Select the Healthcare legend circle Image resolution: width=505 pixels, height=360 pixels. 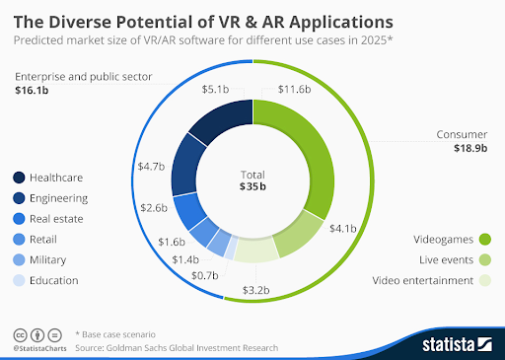point(20,178)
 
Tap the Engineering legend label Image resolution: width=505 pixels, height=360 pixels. point(65,198)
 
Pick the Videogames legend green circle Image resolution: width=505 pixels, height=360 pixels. point(485,239)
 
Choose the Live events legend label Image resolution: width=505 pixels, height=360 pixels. point(439,259)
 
